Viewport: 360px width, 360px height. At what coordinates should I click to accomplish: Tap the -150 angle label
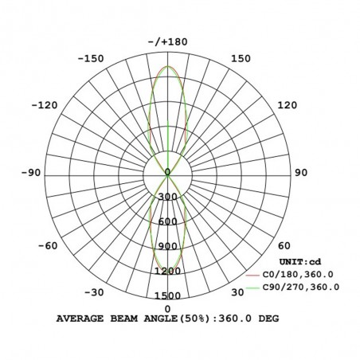tap(91, 59)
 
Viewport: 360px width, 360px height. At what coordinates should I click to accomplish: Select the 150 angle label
tap(241, 59)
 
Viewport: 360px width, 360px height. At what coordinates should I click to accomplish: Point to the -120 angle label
tap(45, 105)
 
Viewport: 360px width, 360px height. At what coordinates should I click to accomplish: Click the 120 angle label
tap(288, 105)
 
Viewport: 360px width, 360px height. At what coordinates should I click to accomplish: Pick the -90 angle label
tap(31, 173)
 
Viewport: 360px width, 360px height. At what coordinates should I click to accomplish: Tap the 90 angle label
tap(301, 173)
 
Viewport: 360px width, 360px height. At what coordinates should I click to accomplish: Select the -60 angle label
tap(48, 246)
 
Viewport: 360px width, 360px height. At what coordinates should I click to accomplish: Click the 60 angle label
tap(284, 246)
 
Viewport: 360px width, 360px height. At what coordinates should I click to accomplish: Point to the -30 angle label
tap(94, 292)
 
